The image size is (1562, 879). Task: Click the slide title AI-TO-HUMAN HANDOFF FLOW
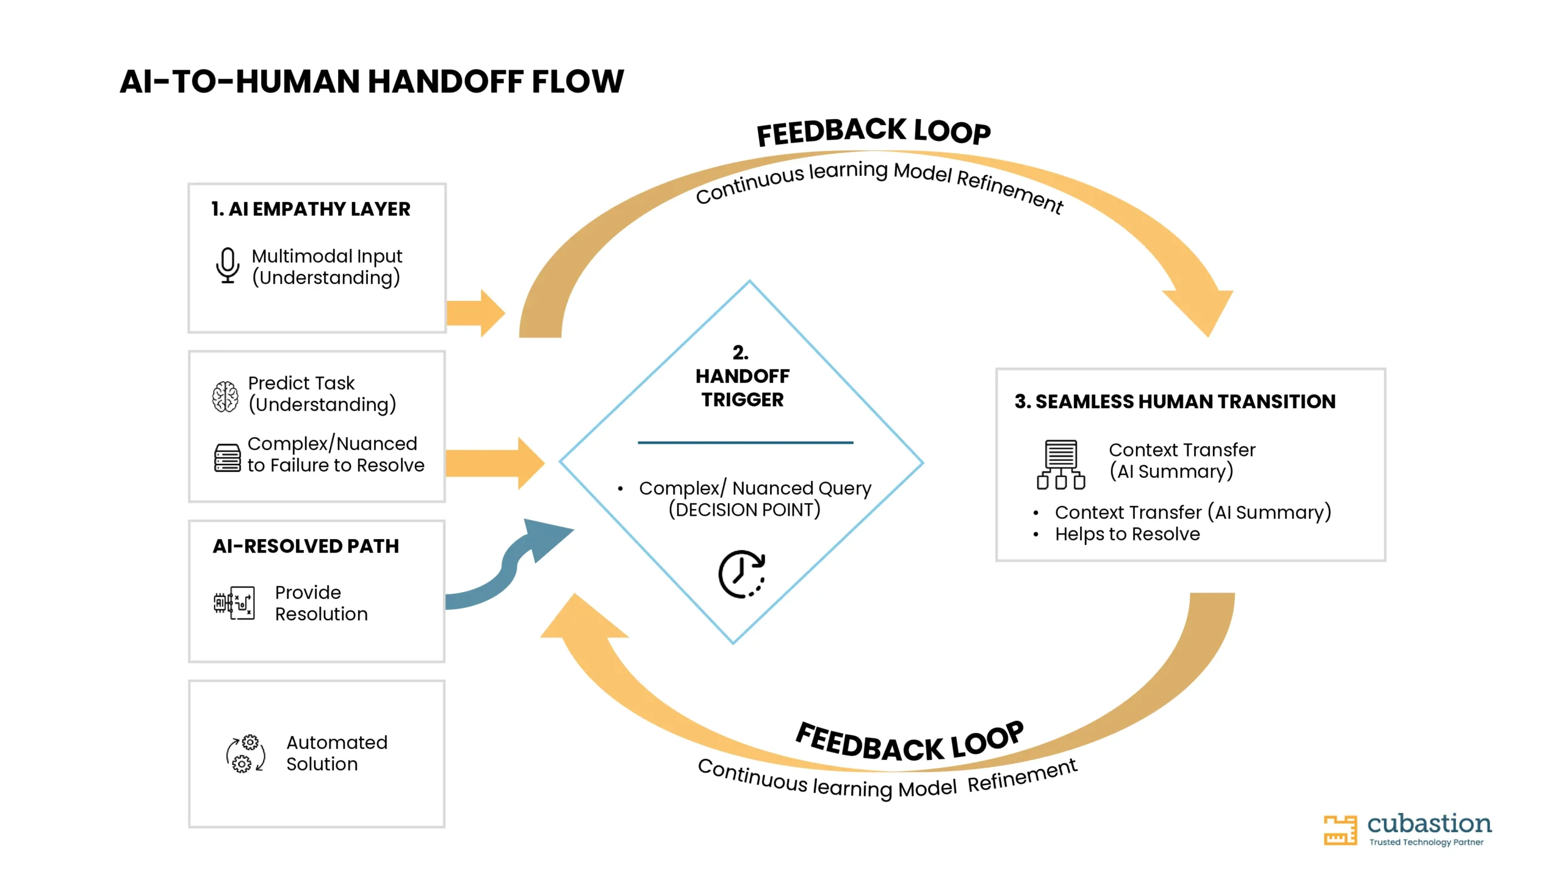(x=372, y=82)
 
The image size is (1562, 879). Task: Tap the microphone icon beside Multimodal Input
(x=228, y=265)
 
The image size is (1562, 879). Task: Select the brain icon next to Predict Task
(x=225, y=396)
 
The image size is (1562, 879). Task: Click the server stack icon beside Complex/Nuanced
(x=227, y=458)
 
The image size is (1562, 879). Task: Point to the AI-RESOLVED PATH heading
(x=306, y=546)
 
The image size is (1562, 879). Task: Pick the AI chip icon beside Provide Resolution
(x=234, y=603)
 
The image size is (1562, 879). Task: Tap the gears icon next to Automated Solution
(x=246, y=753)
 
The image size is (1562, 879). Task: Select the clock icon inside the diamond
(x=742, y=574)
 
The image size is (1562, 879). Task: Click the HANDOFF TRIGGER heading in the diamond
(x=743, y=388)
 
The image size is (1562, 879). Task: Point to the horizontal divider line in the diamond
(x=746, y=443)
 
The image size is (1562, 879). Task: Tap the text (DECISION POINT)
(x=744, y=510)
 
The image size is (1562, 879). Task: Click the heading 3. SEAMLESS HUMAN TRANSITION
(x=1175, y=402)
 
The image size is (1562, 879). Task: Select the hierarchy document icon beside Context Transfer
(x=1061, y=465)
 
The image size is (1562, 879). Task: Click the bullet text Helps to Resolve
(x=1128, y=534)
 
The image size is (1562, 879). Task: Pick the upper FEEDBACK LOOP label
(x=874, y=132)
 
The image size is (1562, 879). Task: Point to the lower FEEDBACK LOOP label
(x=910, y=742)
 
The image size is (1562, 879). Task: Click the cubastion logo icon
(x=1340, y=830)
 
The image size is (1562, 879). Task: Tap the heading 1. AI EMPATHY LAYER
(x=311, y=209)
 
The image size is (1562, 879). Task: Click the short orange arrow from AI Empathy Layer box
(x=476, y=313)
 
